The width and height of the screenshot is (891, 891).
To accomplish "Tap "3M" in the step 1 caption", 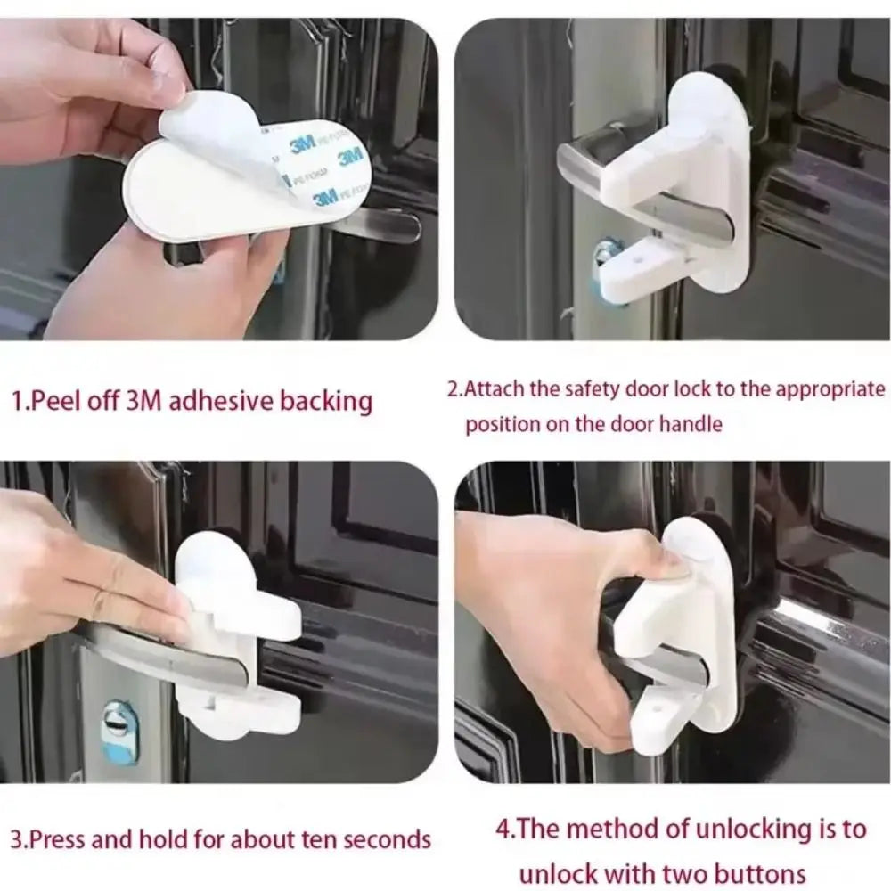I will tap(143, 401).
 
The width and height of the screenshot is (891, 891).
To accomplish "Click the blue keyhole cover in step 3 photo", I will tap(119, 731).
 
